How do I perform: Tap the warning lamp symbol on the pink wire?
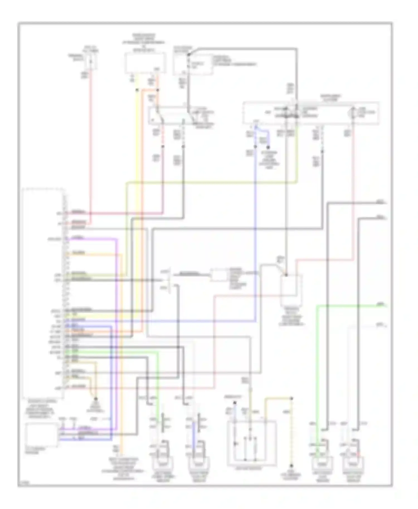coord(353,113)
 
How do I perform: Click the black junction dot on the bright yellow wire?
coord(137,90)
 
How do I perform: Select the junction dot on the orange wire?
coord(157,90)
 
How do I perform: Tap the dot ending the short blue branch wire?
coord(269,148)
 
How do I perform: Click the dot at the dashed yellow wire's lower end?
coord(292,466)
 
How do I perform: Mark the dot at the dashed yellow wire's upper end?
coord(292,398)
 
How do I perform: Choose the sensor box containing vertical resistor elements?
coord(252,443)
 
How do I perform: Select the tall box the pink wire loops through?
coord(291,290)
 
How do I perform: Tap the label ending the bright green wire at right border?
coord(380,305)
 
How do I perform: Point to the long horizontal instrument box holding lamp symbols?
coord(311,113)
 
